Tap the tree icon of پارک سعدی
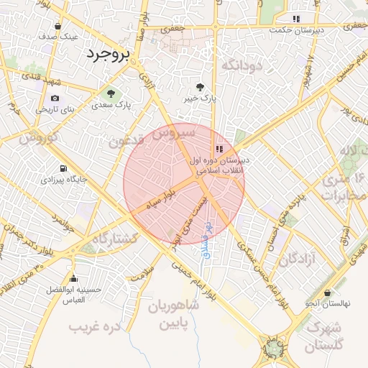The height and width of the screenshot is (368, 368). click(111, 93)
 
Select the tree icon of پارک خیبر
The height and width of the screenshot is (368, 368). click(210, 86)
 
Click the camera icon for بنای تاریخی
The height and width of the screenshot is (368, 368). click(55, 98)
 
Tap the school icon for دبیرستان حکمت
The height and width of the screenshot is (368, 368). click(296, 19)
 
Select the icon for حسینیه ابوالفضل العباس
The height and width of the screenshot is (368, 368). click(73, 279)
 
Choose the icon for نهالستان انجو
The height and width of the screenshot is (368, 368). click(327, 293)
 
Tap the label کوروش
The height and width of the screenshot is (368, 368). click(33, 137)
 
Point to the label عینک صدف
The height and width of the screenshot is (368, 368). click(59, 35)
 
